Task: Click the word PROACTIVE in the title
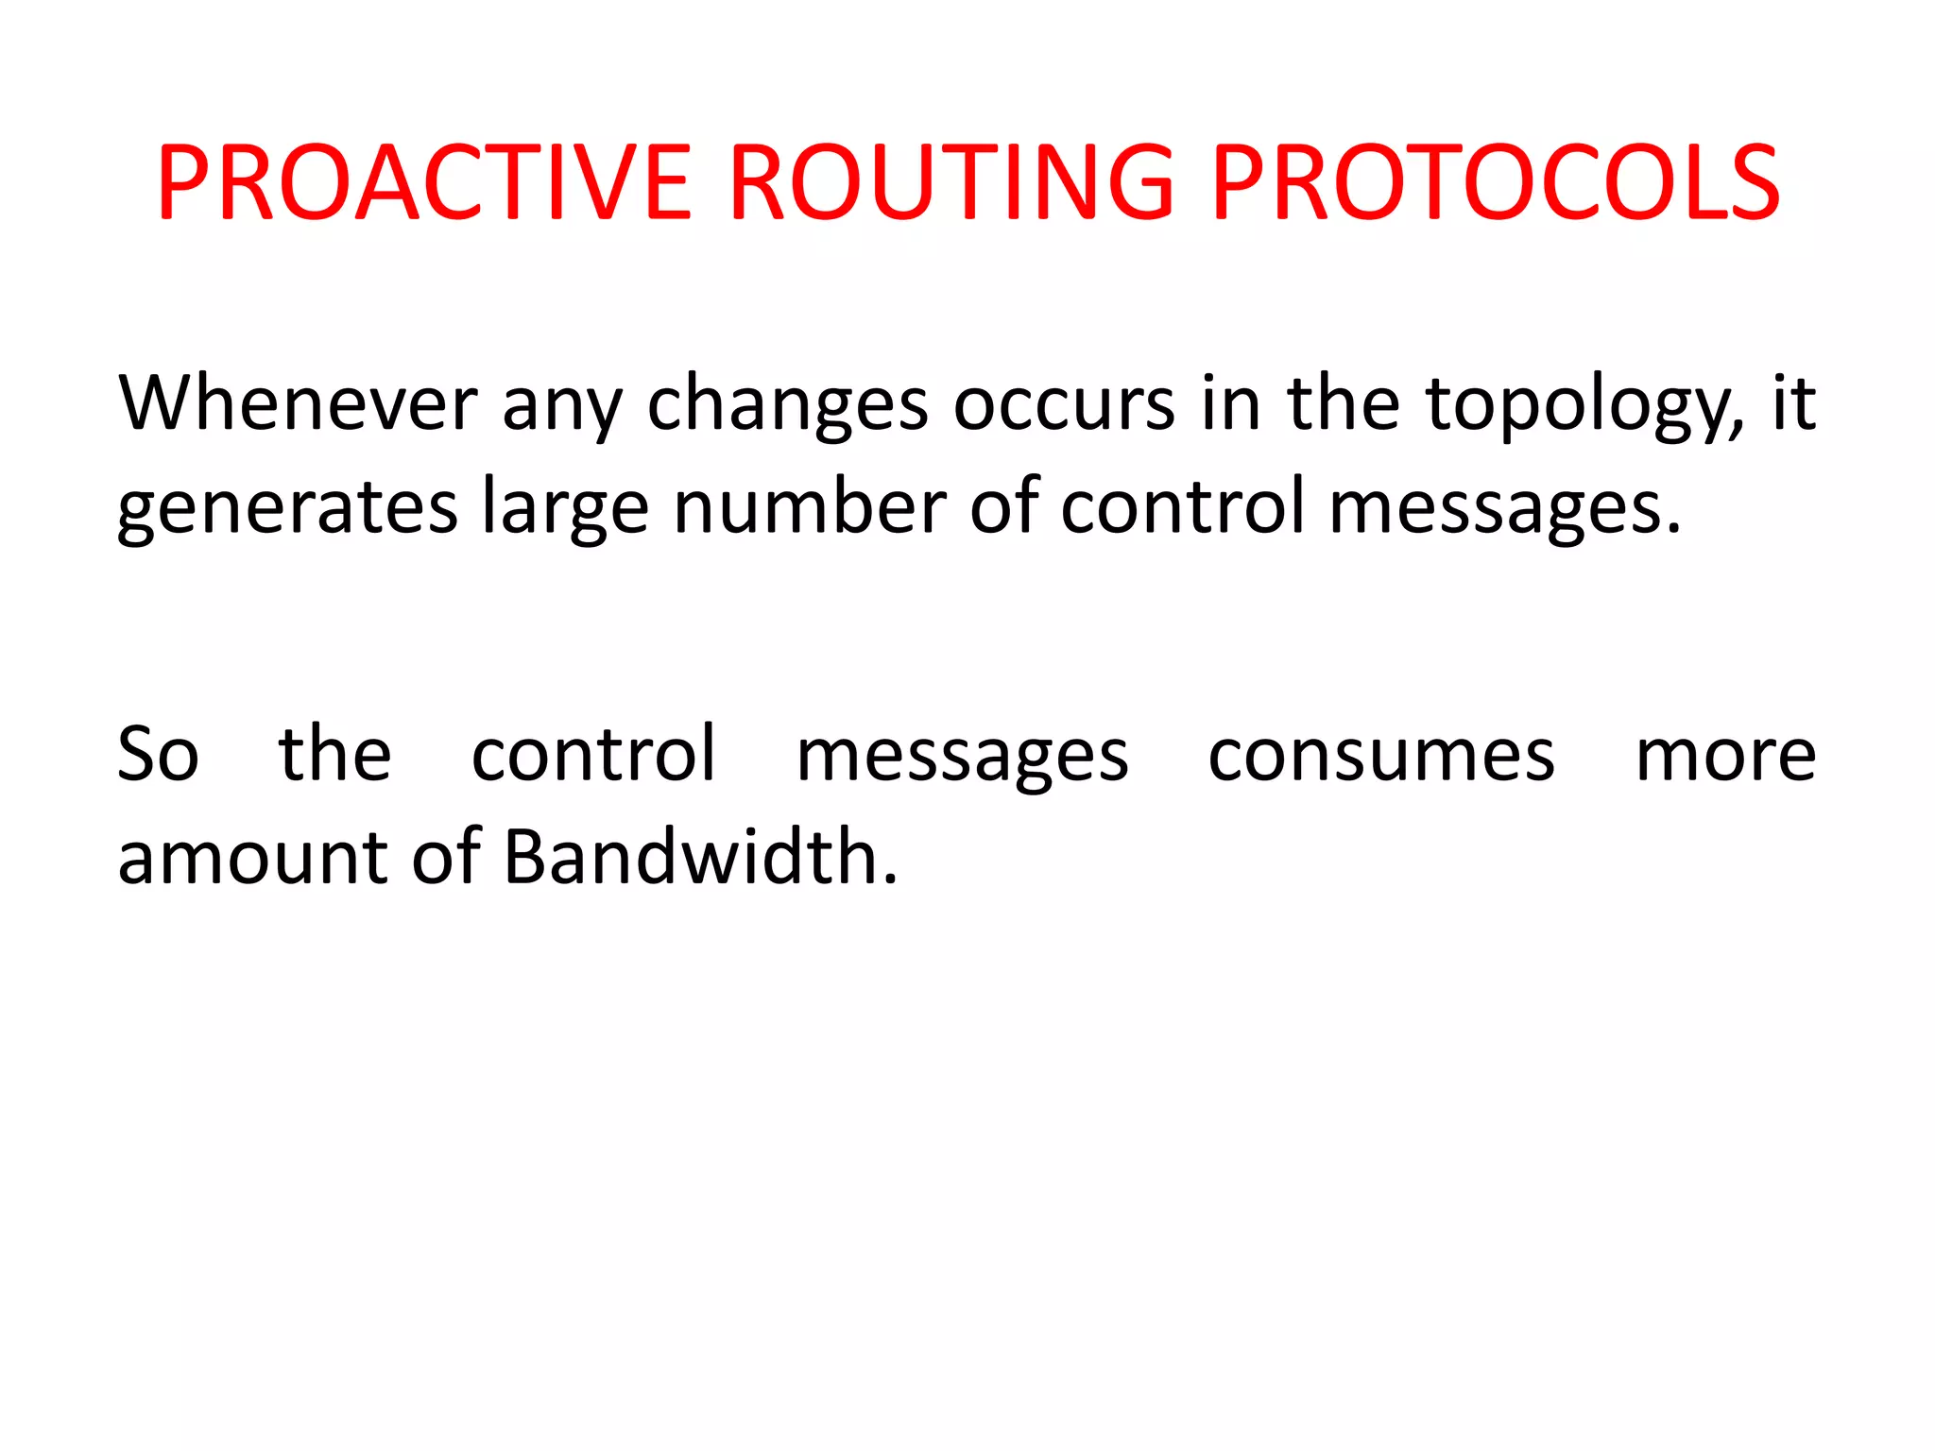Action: (x=425, y=182)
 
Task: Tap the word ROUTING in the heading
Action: (x=951, y=182)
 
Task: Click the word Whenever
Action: (x=298, y=403)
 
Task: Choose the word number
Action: (x=810, y=506)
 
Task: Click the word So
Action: (x=158, y=755)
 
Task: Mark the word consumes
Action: (x=1380, y=757)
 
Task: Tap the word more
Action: (x=1725, y=757)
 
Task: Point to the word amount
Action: (x=252, y=858)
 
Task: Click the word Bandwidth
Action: (x=700, y=856)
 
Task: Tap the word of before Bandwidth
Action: (x=447, y=856)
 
